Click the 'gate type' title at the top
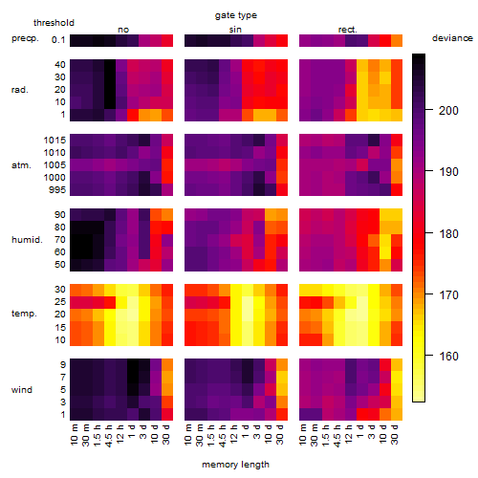[x=236, y=15]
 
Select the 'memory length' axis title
[x=235, y=465]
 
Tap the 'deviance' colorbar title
[x=452, y=38]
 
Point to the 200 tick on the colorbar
[x=429, y=110]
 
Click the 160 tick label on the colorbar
[x=448, y=356]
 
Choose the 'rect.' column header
[x=347, y=30]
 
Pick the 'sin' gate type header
[x=235, y=30]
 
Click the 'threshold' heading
[x=54, y=23]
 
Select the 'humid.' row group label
[x=27, y=240]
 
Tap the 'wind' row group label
[x=22, y=390]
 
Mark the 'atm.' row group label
[x=21, y=165]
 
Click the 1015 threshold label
[x=54, y=141]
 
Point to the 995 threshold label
[x=57, y=190]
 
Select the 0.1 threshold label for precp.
[x=58, y=40]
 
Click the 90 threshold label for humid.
[x=59, y=215]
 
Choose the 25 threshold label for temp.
[x=59, y=302]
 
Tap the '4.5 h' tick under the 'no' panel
[x=108, y=436]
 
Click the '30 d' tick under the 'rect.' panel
[x=395, y=435]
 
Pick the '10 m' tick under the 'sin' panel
[x=188, y=435]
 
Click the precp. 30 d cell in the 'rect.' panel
[x=397, y=40]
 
